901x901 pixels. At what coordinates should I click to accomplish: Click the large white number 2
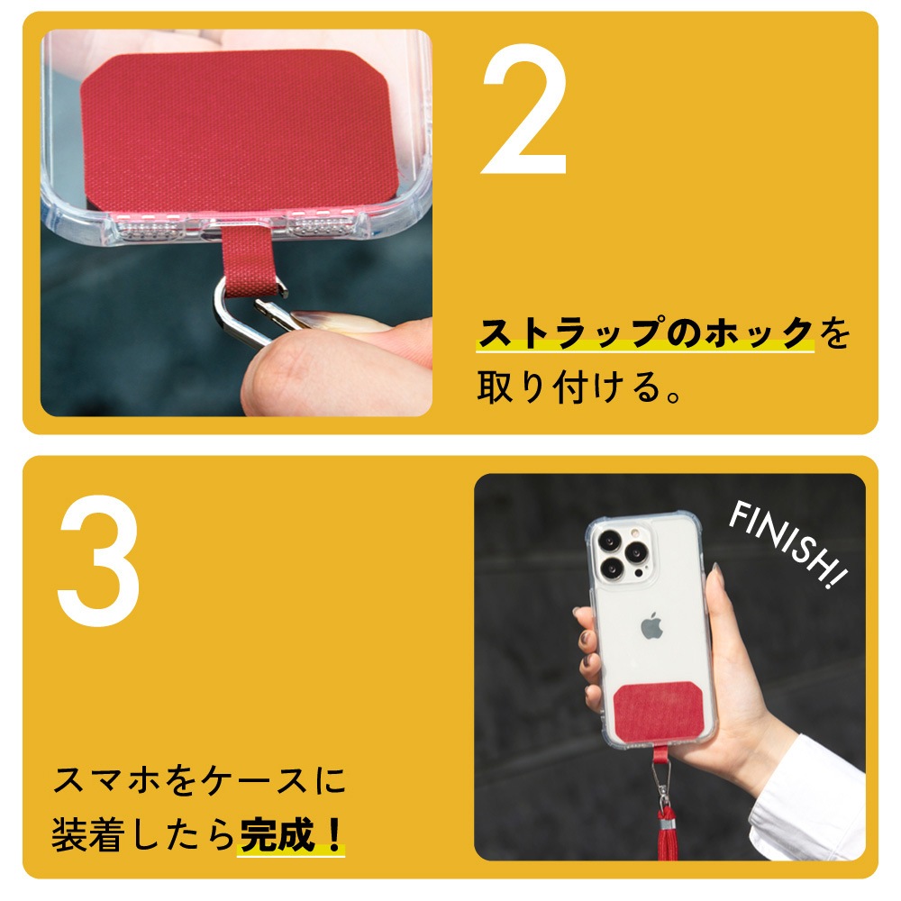(524, 109)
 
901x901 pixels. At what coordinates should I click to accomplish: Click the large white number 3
(99, 560)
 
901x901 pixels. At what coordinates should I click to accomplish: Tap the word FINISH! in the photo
(787, 543)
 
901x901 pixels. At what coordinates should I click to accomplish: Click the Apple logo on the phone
(651, 626)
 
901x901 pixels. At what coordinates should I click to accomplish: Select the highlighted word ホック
(759, 332)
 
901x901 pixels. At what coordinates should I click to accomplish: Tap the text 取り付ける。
(579, 387)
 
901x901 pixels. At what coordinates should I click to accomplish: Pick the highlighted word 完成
(278, 834)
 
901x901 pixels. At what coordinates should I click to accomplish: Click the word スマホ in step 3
(106, 780)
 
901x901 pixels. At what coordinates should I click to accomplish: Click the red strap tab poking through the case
(247, 261)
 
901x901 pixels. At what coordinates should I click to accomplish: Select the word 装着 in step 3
(88, 834)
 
